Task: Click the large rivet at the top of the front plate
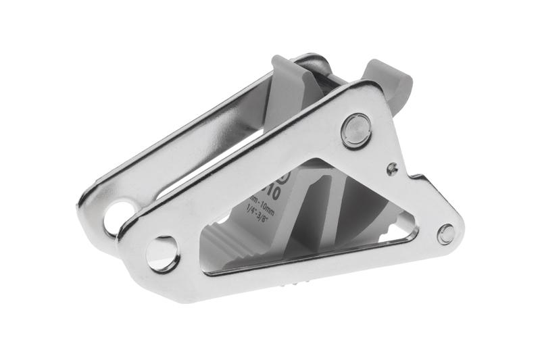pyautogui.click(x=356, y=130)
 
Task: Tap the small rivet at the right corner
pyautogui.click(x=445, y=234)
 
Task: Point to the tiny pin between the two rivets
pyautogui.click(x=391, y=167)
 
